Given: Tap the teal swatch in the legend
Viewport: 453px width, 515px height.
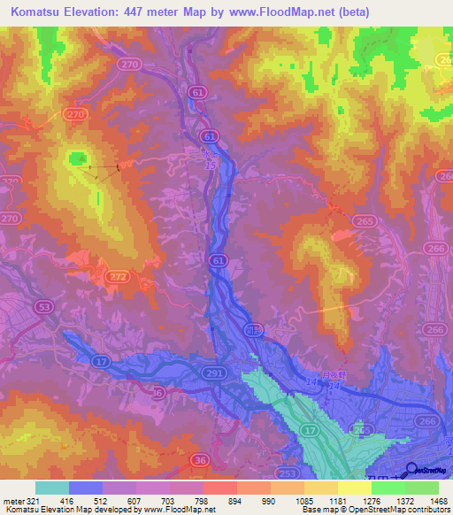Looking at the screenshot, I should click(x=51, y=488).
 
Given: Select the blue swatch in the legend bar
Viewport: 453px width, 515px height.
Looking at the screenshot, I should click(x=85, y=488).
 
